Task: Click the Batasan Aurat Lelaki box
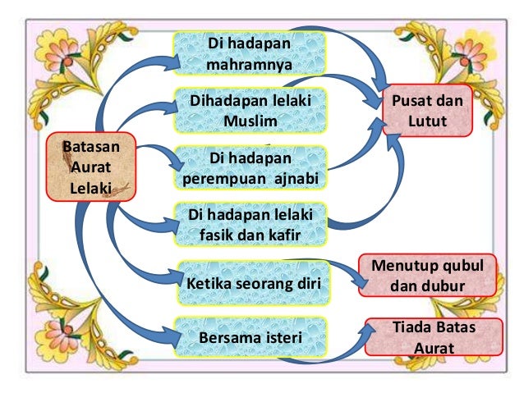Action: [x=90, y=167]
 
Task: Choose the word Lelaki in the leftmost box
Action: [x=90, y=186]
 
